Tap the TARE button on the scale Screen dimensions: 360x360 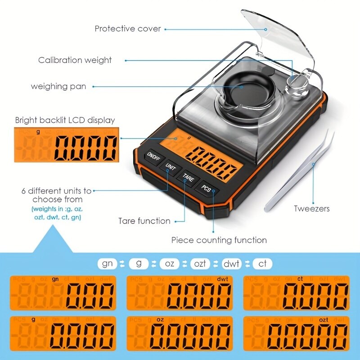pyautogui.click(x=188, y=178)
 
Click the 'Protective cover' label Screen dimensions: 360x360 pyautogui.click(x=127, y=29)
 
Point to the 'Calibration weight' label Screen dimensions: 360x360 pyautogui.click(x=75, y=60)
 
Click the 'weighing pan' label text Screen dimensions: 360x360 pyautogui.click(x=58, y=86)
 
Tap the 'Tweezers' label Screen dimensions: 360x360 pyautogui.click(x=311, y=208)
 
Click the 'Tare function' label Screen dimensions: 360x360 pyautogui.click(x=144, y=221)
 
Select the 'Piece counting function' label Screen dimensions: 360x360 pyautogui.click(x=219, y=240)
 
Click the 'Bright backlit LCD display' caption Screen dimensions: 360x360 pyautogui.click(x=65, y=120)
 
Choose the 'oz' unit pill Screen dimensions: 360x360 pyautogui.click(x=169, y=263)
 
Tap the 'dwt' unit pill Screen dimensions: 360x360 pyautogui.click(x=232, y=263)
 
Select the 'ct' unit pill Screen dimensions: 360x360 pyautogui.click(x=262, y=263)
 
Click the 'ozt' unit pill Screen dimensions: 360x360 pyautogui.click(x=200, y=263)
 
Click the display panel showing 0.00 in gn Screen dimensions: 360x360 pyautogui.click(x=63, y=293)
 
